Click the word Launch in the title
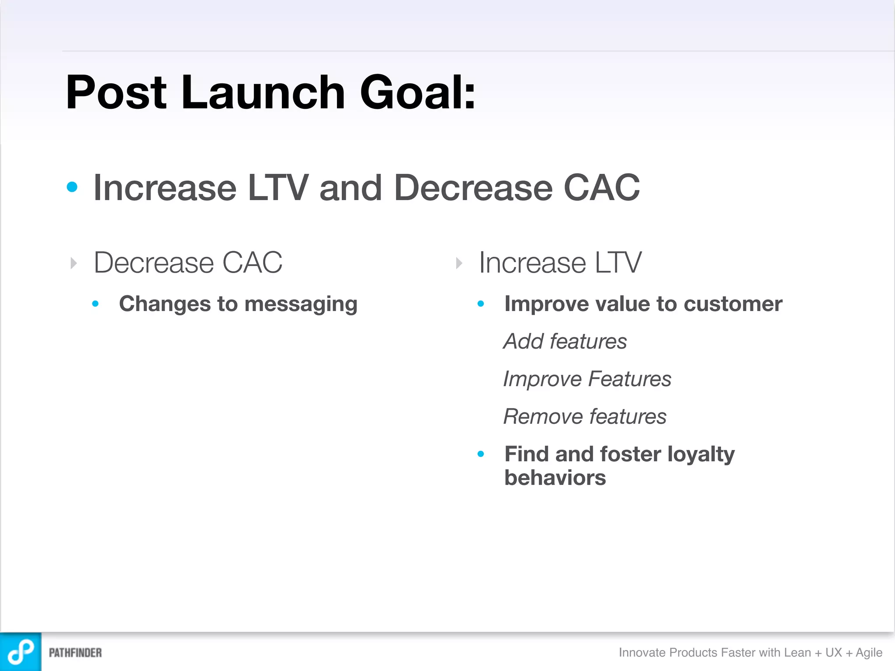263,93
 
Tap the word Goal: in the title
417,93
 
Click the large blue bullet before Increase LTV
72,187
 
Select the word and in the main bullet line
350,188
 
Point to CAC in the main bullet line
602,188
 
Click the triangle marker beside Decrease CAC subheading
73,263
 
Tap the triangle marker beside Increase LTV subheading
459,263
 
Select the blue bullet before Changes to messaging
95,304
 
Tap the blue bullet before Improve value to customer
481,304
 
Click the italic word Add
523,341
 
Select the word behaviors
555,478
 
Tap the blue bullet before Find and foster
481,454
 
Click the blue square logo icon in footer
21,652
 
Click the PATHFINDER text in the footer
75,653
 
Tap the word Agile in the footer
869,652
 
